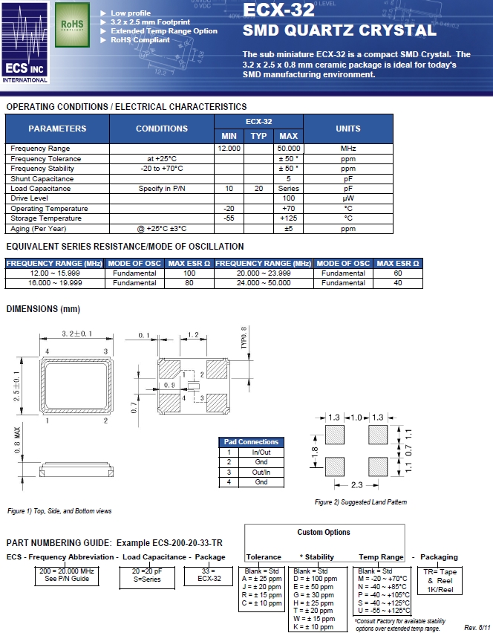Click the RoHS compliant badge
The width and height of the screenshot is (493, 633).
click(71, 24)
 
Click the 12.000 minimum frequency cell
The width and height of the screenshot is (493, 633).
click(229, 149)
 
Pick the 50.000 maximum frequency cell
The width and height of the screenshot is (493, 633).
click(288, 149)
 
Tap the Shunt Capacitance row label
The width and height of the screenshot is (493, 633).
click(42, 179)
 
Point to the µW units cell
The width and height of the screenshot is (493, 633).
click(348, 199)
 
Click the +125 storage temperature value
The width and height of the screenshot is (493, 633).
click(288, 219)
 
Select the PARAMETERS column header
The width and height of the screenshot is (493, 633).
click(57, 129)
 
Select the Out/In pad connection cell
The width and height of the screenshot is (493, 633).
click(261, 472)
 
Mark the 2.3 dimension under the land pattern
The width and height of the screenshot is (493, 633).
click(357, 486)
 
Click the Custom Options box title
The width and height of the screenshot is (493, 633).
click(324, 532)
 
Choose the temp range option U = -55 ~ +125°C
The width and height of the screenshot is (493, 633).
click(382, 610)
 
